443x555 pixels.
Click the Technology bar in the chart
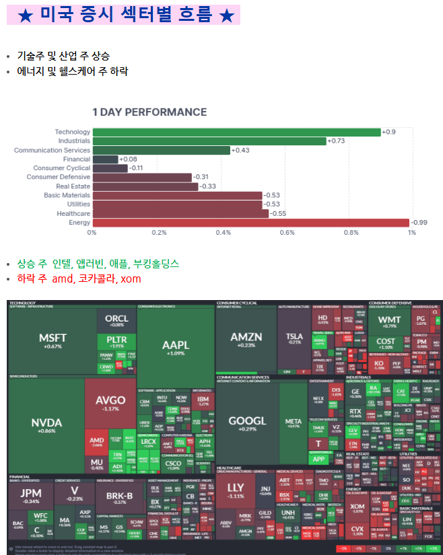(x=236, y=132)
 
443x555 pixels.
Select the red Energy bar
(x=250, y=223)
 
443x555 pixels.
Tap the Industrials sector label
(x=74, y=141)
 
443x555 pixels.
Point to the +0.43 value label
(x=240, y=150)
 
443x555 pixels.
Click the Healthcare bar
(x=180, y=213)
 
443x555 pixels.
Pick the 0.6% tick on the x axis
(x=287, y=232)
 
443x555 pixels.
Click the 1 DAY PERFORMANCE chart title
(x=149, y=112)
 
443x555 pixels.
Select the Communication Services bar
(x=162, y=150)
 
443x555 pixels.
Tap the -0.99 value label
(x=420, y=223)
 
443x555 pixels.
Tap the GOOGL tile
(x=247, y=422)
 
